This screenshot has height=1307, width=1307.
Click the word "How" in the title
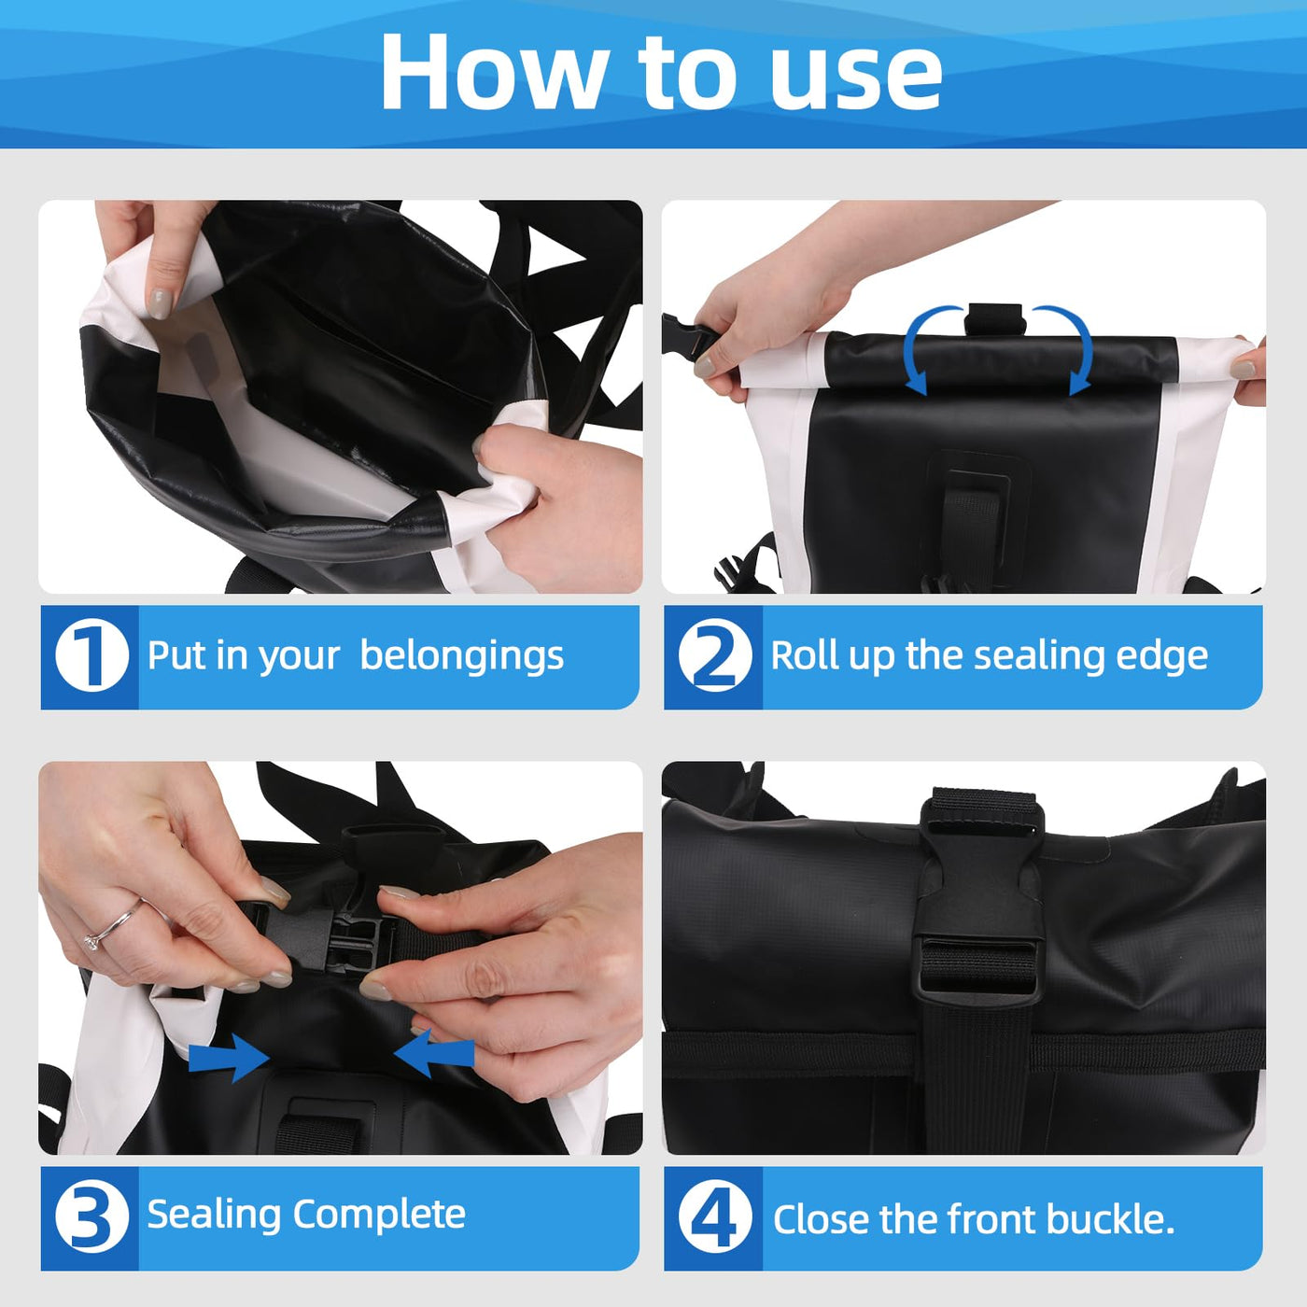(x=493, y=72)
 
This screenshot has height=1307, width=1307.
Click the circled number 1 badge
(x=91, y=655)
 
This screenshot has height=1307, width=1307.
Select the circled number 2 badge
(x=715, y=655)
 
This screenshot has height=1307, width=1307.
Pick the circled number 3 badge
(x=91, y=1217)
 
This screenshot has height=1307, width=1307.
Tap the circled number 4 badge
(x=715, y=1217)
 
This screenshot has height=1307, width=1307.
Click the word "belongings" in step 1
(x=462, y=657)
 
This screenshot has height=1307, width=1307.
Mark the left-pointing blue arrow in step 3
(x=434, y=1053)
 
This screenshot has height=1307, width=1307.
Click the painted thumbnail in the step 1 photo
(x=160, y=303)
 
